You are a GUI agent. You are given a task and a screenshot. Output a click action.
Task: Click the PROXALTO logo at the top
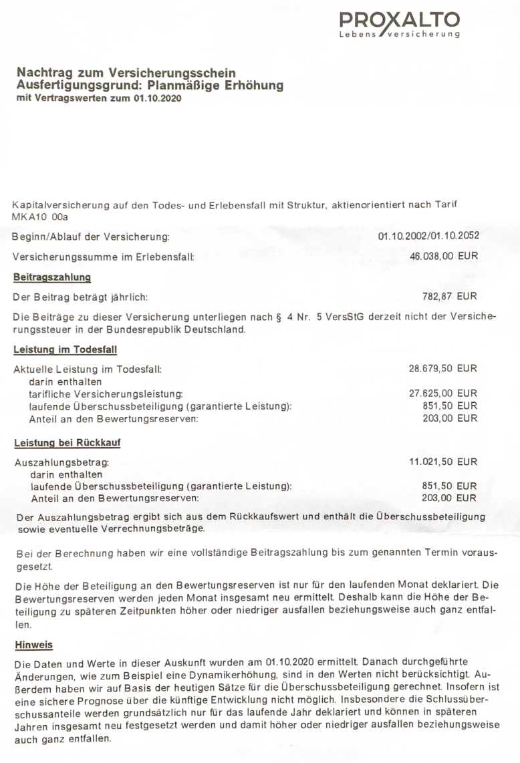399,25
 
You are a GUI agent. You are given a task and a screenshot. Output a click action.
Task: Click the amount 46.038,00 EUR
444,256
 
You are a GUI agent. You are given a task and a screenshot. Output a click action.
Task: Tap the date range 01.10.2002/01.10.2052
428,237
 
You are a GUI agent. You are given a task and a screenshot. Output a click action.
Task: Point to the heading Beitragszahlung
52,277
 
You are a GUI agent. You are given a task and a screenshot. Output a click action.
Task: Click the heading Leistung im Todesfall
66,349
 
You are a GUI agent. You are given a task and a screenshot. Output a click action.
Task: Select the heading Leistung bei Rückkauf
67,442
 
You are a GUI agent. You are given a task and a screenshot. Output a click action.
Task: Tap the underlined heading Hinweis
33,645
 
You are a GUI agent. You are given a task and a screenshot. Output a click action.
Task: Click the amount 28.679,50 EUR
443,369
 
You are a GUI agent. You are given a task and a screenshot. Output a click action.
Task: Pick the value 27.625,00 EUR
443,394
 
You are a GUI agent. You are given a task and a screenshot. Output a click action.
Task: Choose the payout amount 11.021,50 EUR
443,462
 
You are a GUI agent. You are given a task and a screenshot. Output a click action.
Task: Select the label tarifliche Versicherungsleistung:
106,394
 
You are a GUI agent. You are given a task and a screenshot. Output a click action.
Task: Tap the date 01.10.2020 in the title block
156,98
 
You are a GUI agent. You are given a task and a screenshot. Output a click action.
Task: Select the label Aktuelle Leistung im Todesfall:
88,369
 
